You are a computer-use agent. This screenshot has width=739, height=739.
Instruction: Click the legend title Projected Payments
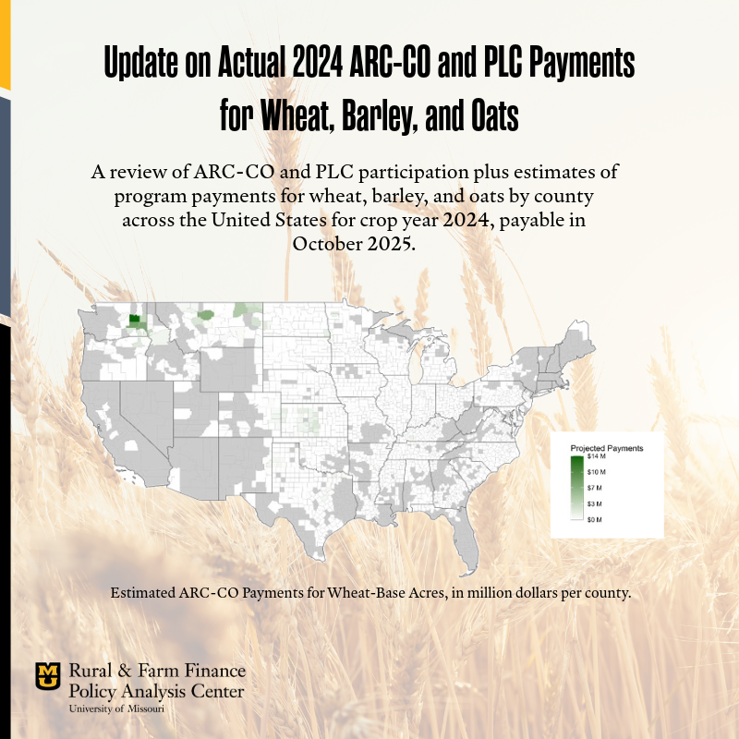[607, 448]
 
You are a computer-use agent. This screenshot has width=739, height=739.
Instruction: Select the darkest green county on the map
[135, 321]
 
